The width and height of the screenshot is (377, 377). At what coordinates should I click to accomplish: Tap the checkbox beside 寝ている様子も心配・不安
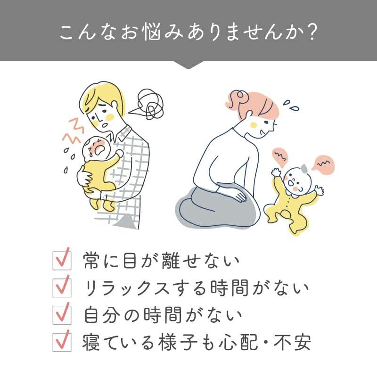(62, 342)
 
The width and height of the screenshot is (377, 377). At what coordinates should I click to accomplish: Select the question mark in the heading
(309, 32)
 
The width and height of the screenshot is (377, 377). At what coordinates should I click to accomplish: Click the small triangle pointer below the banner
(188, 65)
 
